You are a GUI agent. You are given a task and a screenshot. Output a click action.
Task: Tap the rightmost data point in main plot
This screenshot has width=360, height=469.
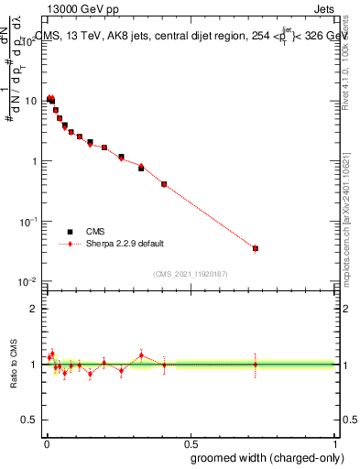[x=256, y=248]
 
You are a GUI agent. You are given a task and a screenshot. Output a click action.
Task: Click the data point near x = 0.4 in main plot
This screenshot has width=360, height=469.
[x=164, y=184]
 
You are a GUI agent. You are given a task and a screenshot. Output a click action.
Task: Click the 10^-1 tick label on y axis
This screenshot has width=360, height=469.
[x=27, y=222]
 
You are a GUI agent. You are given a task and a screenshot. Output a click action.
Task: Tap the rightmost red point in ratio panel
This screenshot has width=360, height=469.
[x=256, y=365]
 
